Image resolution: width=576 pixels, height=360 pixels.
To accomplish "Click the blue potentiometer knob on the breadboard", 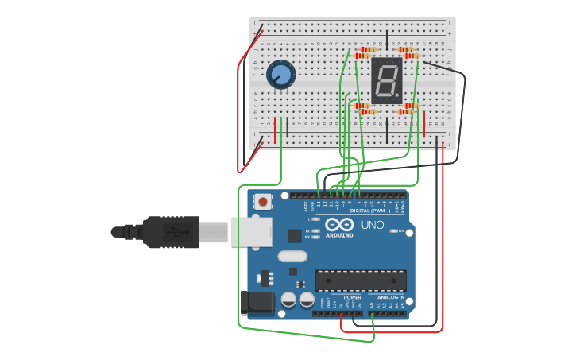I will [280, 75].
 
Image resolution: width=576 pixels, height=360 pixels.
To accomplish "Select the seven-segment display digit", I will [385, 80].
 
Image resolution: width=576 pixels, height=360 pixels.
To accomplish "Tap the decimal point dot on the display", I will [397, 97].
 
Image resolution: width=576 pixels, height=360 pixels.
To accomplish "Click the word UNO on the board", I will [373, 225].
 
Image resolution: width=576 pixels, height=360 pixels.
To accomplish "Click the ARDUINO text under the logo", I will [340, 236].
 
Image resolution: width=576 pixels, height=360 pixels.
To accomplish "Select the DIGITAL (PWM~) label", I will [370, 211].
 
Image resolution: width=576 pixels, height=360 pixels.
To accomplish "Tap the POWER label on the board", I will [352, 297].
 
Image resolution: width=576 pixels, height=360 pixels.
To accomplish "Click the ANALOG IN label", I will [390, 297].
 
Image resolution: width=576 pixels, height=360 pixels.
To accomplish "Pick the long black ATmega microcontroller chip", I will [361, 281].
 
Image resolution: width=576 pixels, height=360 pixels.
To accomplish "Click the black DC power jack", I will [257, 302].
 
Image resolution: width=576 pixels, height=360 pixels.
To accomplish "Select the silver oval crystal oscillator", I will [292, 256].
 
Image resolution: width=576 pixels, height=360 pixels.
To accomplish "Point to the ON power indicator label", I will [401, 231].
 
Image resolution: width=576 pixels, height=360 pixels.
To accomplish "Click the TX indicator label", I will [307, 231].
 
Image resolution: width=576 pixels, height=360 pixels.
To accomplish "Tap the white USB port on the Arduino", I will [251, 232].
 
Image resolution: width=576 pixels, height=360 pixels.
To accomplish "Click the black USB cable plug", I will [170, 232].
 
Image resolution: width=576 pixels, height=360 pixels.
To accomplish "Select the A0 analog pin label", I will [371, 305].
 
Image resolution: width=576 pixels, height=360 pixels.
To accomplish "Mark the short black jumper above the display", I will [387, 41].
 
